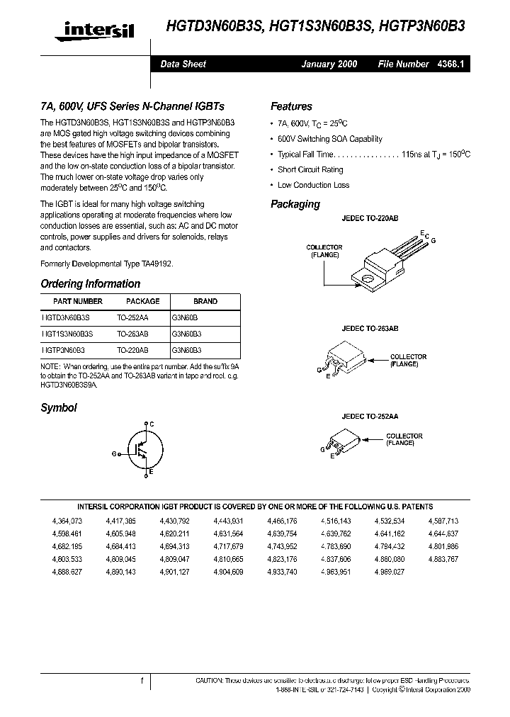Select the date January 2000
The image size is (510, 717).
329,64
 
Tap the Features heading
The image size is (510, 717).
291,106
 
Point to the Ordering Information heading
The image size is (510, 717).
90,283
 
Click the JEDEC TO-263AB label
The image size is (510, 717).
370,329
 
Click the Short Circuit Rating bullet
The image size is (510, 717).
310,169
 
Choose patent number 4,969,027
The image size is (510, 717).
389,571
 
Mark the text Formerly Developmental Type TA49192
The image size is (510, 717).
106,263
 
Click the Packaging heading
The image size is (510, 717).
295,204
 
